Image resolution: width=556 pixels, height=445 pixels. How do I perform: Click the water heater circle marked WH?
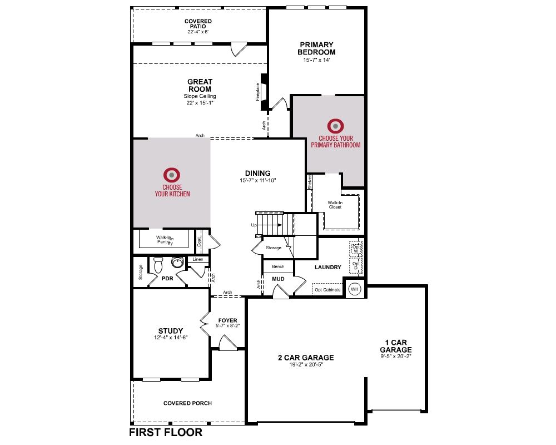(355, 289)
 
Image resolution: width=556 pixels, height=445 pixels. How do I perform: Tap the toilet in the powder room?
(158, 264)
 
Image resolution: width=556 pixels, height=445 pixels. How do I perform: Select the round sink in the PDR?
(177, 262)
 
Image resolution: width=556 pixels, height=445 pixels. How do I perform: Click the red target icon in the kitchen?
(172, 175)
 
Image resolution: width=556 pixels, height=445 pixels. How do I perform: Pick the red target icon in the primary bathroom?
(335, 126)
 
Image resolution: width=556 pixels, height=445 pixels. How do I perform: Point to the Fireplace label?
(258, 92)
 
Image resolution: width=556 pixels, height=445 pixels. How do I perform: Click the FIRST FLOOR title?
(166, 432)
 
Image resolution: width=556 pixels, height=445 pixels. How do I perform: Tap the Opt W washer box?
(356, 249)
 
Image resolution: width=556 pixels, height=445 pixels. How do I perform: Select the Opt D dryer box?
(356, 265)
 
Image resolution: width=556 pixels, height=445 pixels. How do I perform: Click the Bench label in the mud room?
(278, 266)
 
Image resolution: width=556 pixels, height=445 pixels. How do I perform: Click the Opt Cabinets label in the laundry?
(327, 290)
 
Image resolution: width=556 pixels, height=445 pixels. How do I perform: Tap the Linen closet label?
(198, 259)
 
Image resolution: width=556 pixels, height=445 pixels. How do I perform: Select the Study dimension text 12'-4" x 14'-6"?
(171, 338)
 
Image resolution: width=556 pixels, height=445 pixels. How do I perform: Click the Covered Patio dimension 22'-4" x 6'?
(198, 32)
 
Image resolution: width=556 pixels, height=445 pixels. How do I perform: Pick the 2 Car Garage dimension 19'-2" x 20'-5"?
(306, 364)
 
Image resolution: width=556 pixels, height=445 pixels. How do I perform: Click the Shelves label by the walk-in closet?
(310, 182)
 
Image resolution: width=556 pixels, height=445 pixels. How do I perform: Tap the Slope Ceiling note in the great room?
(200, 96)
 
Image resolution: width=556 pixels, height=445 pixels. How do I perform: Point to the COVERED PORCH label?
(187, 403)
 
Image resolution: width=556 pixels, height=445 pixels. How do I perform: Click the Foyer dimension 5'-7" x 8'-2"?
(227, 325)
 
